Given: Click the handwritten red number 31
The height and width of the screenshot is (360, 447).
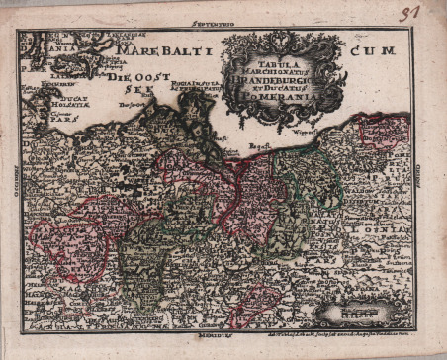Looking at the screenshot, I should pos(408,14).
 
